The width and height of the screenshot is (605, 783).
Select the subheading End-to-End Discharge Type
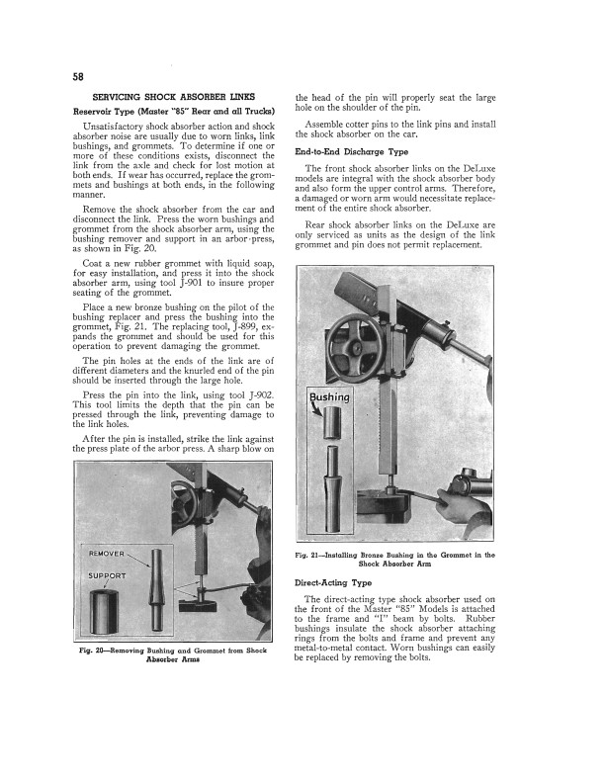click(351, 151)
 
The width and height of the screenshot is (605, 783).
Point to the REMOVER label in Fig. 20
click(107, 553)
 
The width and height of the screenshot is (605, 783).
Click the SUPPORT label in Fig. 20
click(108, 575)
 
